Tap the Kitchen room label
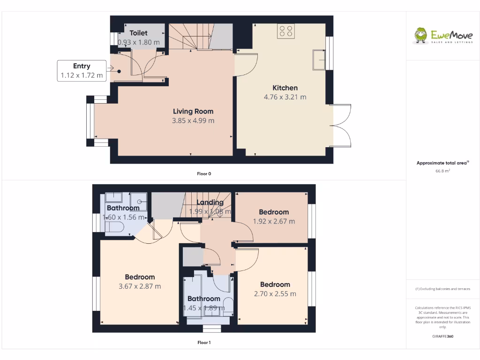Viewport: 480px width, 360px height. click(285, 88)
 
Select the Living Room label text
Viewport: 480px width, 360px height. click(193, 111)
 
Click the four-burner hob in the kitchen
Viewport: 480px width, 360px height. click(286, 31)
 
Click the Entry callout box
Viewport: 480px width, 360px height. click(82, 71)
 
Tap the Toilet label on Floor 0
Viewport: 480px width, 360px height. click(138, 33)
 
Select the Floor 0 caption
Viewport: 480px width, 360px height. click(204, 174)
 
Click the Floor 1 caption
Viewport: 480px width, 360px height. click(204, 343)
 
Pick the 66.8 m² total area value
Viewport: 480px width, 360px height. click(442, 171)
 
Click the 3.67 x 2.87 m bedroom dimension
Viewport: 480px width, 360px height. click(140, 286)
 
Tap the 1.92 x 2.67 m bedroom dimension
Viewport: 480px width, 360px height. click(274, 221)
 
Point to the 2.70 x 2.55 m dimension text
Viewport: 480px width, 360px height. click(275, 294)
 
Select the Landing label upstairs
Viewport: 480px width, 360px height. click(210, 202)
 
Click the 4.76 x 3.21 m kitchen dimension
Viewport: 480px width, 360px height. click(285, 97)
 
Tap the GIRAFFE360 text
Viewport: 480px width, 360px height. click(442, 336)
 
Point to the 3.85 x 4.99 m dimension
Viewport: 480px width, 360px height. click(193, 120)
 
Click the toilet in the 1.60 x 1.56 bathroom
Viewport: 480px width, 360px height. click(114, 228)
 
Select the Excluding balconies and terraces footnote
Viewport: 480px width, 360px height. click(442, 289)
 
